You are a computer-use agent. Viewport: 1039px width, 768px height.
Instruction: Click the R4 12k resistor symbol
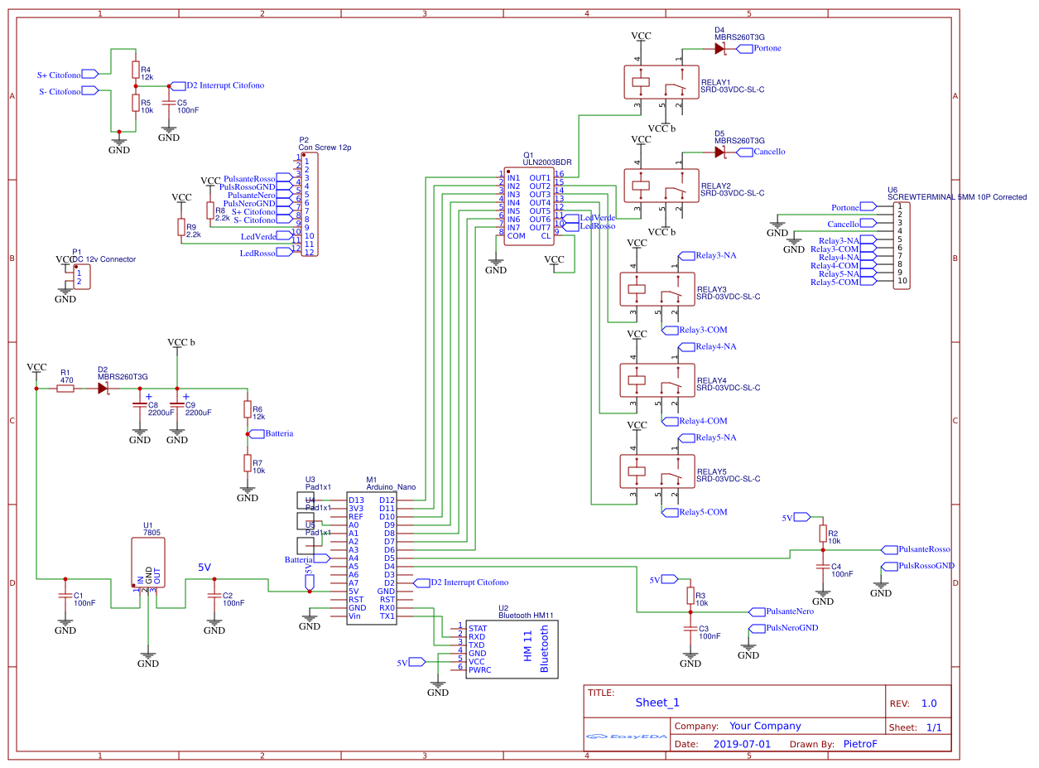click(135, 70)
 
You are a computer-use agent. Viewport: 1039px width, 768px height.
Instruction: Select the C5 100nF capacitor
click(169, 103)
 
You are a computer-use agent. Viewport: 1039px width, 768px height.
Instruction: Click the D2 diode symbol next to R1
click(103, 388)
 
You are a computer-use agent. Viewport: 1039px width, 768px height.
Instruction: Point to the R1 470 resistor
click(65, 388)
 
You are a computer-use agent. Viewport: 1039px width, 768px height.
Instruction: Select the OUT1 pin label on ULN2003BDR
click(540, 178)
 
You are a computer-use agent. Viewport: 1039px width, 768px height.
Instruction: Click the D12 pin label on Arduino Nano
click(387, 500)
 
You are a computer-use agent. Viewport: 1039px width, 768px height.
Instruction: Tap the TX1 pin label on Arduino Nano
click(387, 616)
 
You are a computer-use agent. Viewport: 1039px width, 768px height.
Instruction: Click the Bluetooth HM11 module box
click(513, 650)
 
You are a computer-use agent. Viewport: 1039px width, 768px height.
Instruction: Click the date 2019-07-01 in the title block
click(741, 744)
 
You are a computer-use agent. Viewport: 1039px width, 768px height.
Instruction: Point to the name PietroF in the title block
click(859, 744)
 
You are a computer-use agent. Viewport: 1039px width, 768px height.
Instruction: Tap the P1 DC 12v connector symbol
click(81, 278)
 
